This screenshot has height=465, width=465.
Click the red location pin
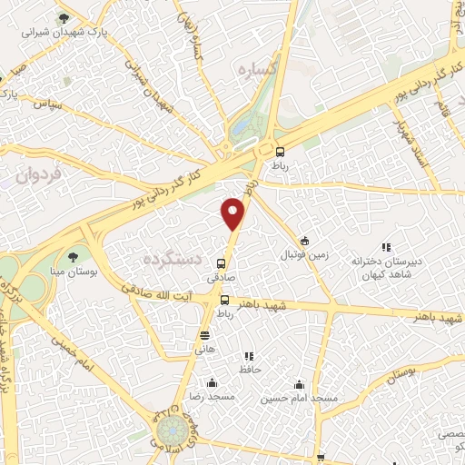click(234, 213)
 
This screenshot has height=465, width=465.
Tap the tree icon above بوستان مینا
click(73, 257)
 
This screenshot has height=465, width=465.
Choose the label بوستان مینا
click(73, 272)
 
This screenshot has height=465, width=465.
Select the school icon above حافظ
click(249, 357)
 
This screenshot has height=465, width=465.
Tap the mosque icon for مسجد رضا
click(211, 382)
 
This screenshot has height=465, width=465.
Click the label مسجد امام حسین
click(300, 398)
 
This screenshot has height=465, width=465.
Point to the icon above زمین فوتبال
click(304, 242)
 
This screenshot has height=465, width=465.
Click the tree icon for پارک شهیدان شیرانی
click(63, 17)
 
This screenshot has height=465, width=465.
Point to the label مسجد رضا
click(211, 398)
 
